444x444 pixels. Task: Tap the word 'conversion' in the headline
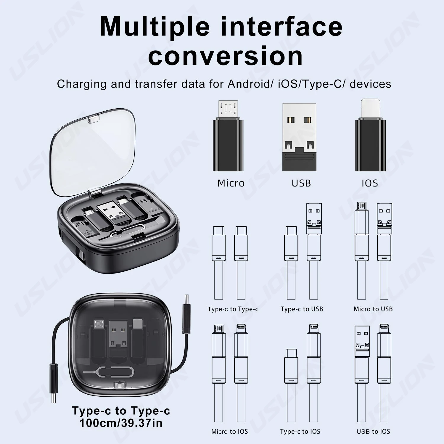[x=226, y=56]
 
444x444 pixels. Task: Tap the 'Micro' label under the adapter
[x=231, y=183]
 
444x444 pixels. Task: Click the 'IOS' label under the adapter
[x=370, y=183]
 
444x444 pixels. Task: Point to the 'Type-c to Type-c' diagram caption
[x=233, y=309]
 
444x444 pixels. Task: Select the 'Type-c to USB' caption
[x=302, y=309]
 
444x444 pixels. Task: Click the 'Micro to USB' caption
[x=373, y=309]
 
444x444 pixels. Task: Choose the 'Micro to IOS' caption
[x=229, y=432]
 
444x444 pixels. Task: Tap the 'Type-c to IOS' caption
[x=300, y=432]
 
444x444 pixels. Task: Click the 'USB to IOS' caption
[x=373, y=432]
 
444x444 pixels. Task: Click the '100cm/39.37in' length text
[x=121, y=423]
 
